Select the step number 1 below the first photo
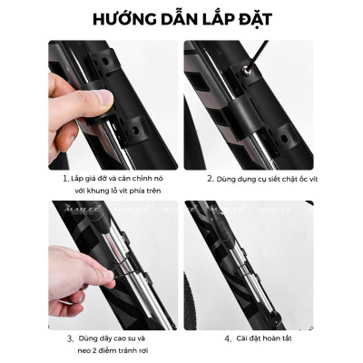tap(65, 179)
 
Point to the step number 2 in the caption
tap(210, 179)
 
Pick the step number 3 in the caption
tap(69, 337)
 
